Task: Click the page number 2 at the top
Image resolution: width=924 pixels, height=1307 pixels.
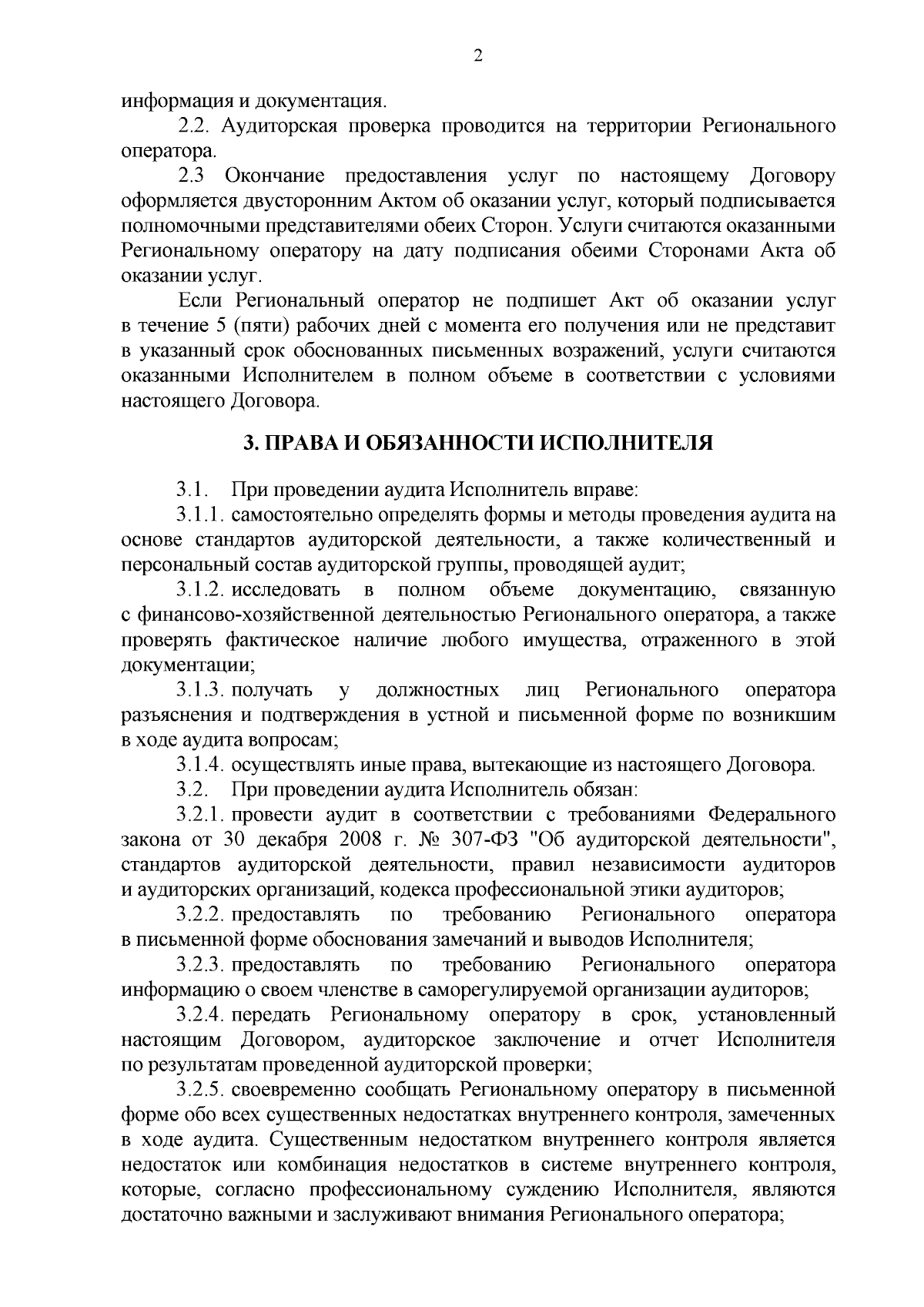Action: coord(477,56)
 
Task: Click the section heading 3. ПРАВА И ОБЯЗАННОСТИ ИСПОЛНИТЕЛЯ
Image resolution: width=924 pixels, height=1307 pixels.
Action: coord(477,443)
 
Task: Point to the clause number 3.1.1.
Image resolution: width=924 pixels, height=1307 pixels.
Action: coord(199,514)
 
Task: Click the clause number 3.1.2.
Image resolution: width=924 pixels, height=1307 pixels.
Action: coord(199,590)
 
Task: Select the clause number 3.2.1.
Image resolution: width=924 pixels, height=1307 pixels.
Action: coord(199,815)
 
